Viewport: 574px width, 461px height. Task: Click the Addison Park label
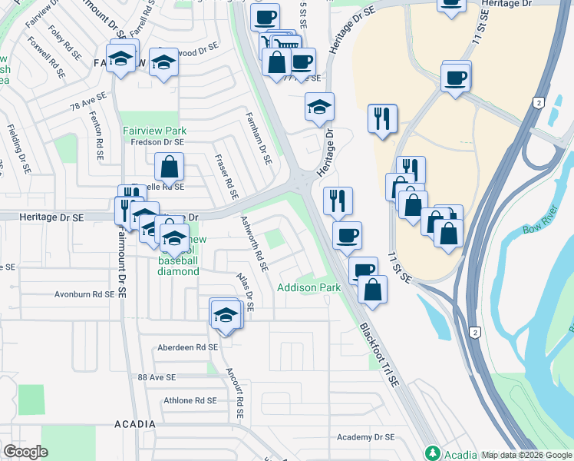click(308, 287)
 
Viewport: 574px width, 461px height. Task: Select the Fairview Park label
click(155, 131)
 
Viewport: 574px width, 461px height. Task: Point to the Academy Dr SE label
click(365, 437)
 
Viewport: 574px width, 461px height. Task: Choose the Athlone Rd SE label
click(190, 400)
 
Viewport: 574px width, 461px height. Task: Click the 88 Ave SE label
click(157, 377)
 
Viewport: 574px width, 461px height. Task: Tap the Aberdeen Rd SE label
click(187, 347)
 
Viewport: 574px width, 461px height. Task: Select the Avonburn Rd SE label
click(90, 294)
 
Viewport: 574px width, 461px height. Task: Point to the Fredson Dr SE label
click(157, 142)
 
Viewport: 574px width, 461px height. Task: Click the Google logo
click(26, 452)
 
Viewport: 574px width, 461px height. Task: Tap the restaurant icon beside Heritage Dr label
click(338, 201)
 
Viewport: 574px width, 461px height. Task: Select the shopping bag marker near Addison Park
click(372, 289)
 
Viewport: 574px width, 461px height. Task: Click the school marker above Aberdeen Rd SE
click(225, 315)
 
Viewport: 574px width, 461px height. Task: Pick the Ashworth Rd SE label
click(254, 244)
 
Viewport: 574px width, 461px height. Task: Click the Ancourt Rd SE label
click(234, 392)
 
